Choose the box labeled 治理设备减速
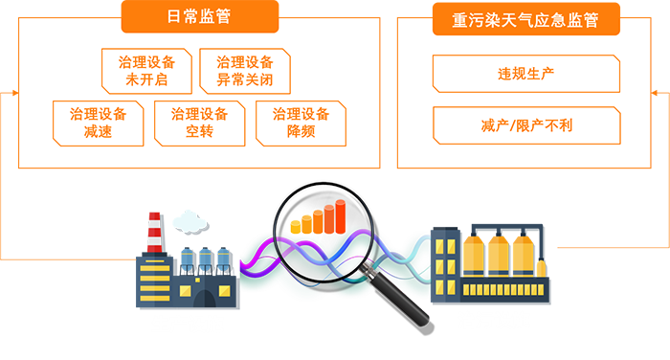click(x=99, y=123)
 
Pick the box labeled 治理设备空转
click(x=199, y=123)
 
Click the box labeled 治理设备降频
click(x=301, y=123)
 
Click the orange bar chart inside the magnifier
click(x=318, y=219)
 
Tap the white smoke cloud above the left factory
click(x=188, y=215)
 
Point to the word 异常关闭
click(x=245, y=80)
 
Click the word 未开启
click(x=146, y=80)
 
